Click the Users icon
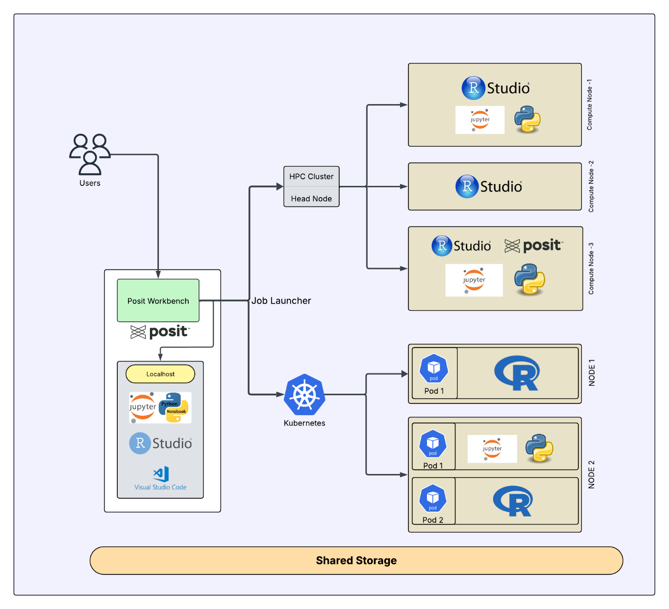tap(90, 154)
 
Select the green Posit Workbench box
tap(158, 301)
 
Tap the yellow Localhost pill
tap(160, 374)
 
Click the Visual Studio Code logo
tap(161, 474)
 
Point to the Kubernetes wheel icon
tap(305, 395)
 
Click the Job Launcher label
tap(281, 301)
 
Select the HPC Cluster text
tap(311, 177)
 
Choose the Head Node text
tap(311, 198)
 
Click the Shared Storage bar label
tap(356, 560)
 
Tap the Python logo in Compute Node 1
tap(527, 120)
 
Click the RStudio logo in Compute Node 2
tap(489, 186)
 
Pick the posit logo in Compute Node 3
tap(534, 246)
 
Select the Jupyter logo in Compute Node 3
tap(474, 280)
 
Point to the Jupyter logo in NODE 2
tap(492, 449)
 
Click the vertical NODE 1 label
tap(592, 373)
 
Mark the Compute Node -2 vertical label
tap(591, 186)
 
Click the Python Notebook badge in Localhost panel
tap(173, 407)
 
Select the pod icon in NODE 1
tap(434, 368)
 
